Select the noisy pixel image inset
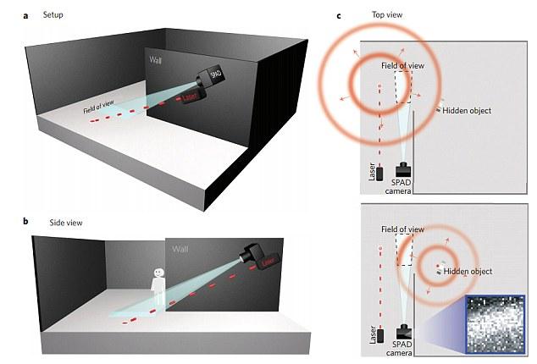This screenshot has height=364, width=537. pos(495,323)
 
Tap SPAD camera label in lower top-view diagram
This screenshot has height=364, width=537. pos(406,349)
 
